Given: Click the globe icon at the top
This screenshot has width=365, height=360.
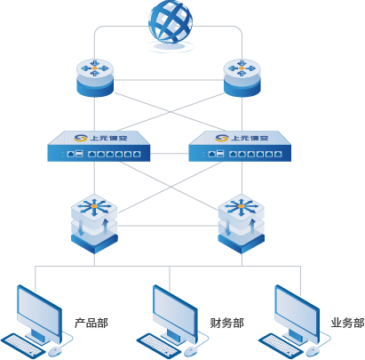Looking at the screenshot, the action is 171,25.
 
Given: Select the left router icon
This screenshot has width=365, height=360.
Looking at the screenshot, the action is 95,77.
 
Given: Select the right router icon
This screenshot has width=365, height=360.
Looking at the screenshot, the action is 242,77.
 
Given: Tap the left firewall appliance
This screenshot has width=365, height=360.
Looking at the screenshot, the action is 99,146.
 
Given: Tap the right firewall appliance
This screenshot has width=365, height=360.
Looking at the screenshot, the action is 240,146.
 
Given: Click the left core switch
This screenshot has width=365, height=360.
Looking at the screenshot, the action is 94,224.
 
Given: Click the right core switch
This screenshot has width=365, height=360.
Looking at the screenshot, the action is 242,224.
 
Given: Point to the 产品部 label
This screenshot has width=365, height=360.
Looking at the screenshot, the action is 91,323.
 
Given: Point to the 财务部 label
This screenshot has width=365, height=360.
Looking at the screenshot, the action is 226,323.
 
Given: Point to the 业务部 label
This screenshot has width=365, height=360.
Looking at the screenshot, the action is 347,323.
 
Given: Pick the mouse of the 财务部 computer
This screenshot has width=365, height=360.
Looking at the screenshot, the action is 190,351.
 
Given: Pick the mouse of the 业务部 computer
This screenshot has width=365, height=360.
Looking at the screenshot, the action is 313,351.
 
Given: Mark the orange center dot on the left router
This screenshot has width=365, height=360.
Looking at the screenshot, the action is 95,68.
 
